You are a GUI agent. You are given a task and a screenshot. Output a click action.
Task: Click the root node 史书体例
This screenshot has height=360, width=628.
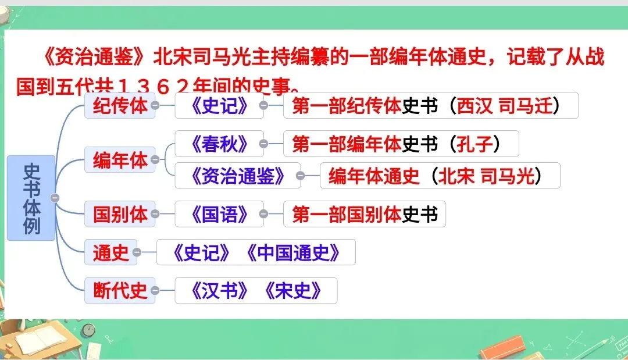(31, 198)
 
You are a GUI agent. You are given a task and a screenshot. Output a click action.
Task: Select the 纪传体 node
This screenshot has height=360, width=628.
(120, 106)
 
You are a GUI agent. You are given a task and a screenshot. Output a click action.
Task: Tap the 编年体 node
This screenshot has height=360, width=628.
(120, 160)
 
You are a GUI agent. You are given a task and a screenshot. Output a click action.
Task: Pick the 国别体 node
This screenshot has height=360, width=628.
(120, 214)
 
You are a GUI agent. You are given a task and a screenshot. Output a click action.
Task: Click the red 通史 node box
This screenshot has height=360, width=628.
(110, 252)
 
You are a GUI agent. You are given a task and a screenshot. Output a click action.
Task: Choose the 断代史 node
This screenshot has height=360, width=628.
(120, 290)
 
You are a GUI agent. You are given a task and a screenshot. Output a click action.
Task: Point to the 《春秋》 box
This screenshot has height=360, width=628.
(215, 143)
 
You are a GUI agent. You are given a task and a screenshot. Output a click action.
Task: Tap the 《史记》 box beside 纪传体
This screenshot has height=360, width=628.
(219, 106)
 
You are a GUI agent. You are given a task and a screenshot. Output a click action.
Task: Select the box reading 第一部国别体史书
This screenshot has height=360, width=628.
(364, 214)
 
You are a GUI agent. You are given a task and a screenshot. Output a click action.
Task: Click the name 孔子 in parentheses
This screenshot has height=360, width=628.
(474, 143)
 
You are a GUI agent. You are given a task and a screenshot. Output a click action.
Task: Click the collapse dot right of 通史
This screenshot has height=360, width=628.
(137, 252)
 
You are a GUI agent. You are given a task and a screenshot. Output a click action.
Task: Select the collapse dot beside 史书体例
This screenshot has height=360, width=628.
(55, 198)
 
